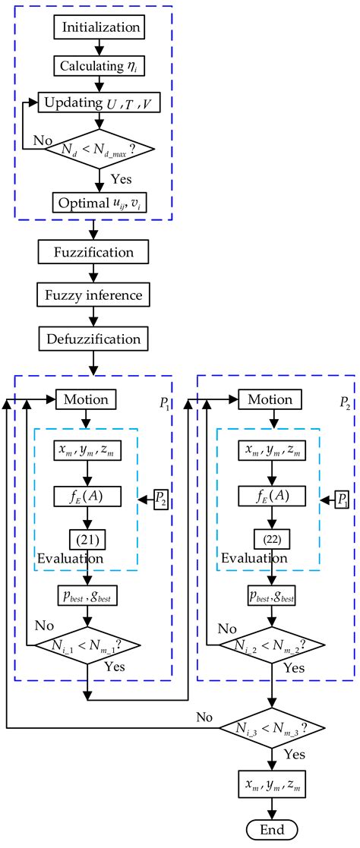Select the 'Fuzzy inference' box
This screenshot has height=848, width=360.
pos(95,292)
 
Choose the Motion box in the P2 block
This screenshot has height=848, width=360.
pos(271,399)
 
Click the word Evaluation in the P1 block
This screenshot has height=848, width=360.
pos(69,560)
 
